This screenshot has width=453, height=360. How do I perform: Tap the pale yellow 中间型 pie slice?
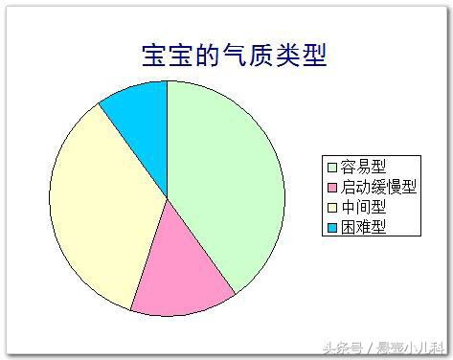(x=101, y=211)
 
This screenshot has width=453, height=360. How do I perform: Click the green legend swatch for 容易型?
(x=331, y=167)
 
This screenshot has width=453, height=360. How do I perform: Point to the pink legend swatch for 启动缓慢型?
(x=331, y=187)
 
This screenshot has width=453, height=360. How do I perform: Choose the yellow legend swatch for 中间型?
(x=331, y=207)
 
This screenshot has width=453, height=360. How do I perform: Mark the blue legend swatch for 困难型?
(x=331, y=227)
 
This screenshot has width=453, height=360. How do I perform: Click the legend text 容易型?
(x=364, y=167)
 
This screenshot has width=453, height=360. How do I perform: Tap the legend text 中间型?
(x=364, y=207)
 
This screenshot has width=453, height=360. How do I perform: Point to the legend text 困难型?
(x=364, y=227)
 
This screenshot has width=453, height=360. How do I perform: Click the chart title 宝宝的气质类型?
(x=234, y=55)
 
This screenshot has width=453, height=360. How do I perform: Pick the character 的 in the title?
(x=207, y=55)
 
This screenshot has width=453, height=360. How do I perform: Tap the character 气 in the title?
(x=234, y=55)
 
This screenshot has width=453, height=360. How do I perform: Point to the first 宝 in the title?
(x=153, y=55)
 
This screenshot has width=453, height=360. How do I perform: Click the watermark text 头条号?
(x=340, y=347)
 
